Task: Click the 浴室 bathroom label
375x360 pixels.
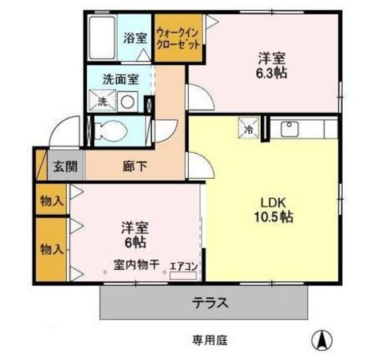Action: (x=135, y=39)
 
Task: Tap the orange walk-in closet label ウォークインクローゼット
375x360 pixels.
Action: (x=179, y=39)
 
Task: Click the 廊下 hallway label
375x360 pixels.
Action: (x=135, y=167)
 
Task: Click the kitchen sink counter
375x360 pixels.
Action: (x=302, y=128)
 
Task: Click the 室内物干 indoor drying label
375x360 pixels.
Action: (x=137, y=265)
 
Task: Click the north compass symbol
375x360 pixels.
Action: (x=322, y=340)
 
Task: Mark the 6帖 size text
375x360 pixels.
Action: (x=135, y=240)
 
